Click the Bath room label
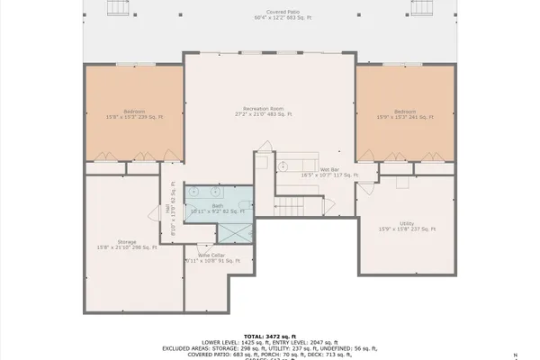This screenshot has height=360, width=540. pyautogui.click(x=217, y=209)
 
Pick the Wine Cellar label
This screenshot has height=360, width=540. pyautogui.click(x=212, y=259)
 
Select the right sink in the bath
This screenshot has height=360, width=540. pyautogui.click(x=217, y=192)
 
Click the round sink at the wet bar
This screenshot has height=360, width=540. pyautogui.click(x=282, y=166)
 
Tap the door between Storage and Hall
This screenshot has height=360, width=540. pyautogui.click(x=154, y=214)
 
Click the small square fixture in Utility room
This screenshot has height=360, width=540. pyautogui.click(x=401, y=181)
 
